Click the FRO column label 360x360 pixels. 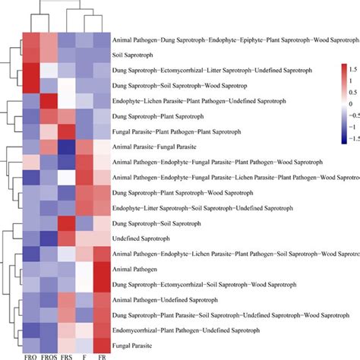point(30,355)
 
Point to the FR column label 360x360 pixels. point(102,355)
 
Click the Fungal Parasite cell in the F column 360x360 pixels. point(84,346)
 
